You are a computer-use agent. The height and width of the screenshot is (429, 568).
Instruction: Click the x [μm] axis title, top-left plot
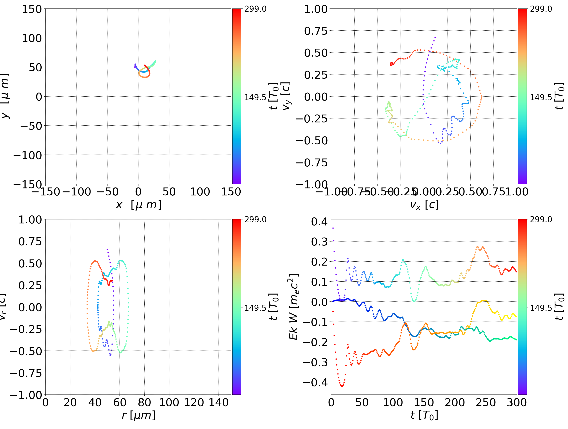click(x=139, y=205)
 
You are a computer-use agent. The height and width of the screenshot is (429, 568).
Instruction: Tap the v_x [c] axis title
click(x=424, y=205)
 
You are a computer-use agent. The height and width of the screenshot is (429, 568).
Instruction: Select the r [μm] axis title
click(x=139, y=415)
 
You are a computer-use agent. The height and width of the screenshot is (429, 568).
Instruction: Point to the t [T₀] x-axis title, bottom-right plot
click(x=424, y=415)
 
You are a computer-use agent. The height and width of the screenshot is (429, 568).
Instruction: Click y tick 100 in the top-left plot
click(x=32, y=38)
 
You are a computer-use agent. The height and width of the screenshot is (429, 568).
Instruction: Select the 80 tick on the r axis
click(x=144, y=403)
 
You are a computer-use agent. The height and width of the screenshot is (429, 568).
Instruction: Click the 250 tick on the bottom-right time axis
click(x=486, y=403)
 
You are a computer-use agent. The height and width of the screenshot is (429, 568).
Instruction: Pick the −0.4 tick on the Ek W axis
click(x=315, y=382)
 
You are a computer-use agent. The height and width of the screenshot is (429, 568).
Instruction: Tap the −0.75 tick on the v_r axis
click(x=26, y=373)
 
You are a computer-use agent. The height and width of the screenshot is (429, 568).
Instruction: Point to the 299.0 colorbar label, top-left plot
click(x=255, y=9)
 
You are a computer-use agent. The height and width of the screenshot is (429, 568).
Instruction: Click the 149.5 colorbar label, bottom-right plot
click(x=541, y=308)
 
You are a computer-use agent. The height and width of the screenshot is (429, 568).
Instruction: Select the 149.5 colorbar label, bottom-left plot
click(x=255, y=308)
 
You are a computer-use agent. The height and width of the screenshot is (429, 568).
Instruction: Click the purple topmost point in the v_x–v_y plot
click(x=435, y=37)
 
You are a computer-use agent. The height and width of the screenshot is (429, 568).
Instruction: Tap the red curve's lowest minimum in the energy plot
click(x=342, y=386)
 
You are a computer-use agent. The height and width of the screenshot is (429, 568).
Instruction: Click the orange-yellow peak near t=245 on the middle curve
click(x=484, y=301)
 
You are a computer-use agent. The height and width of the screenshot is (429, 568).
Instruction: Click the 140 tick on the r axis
click(x=219, y=403)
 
